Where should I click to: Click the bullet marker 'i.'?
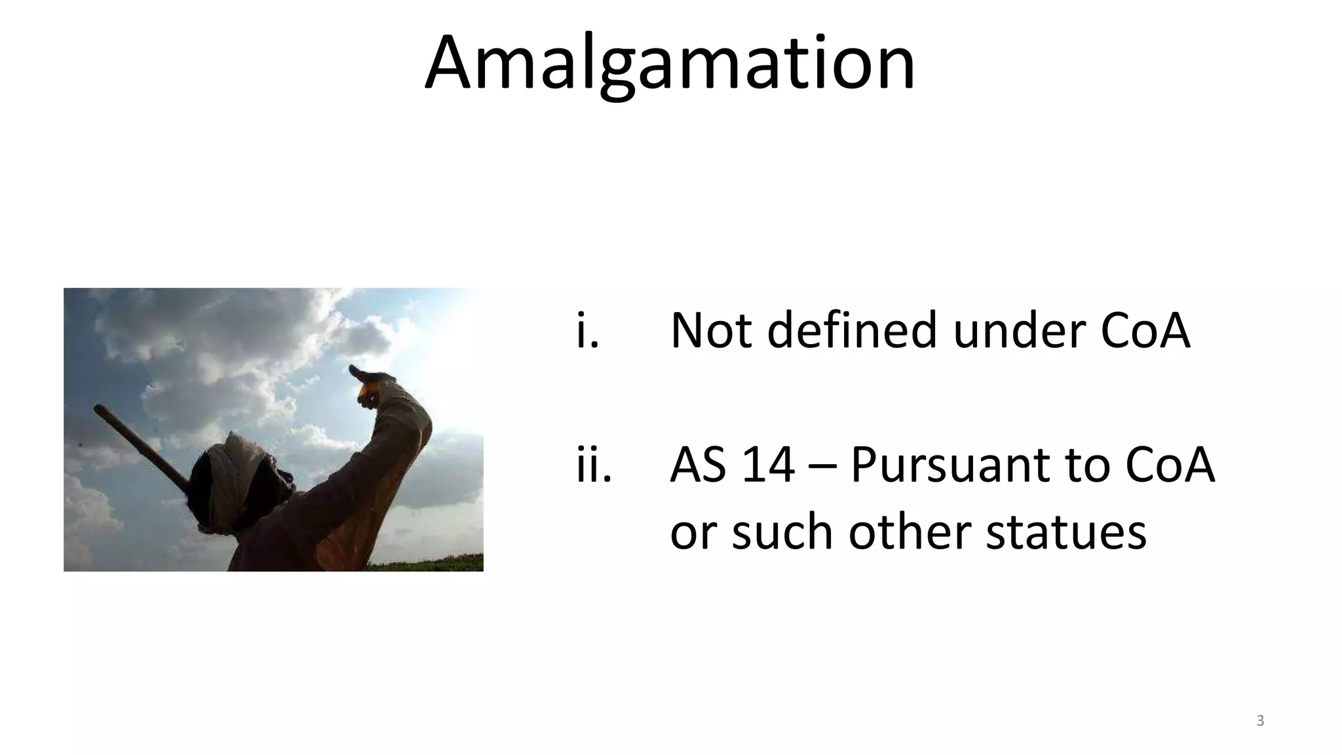(588, 331)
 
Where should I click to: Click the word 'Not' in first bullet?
(710, 331)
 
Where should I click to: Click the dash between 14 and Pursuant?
(822, 467)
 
